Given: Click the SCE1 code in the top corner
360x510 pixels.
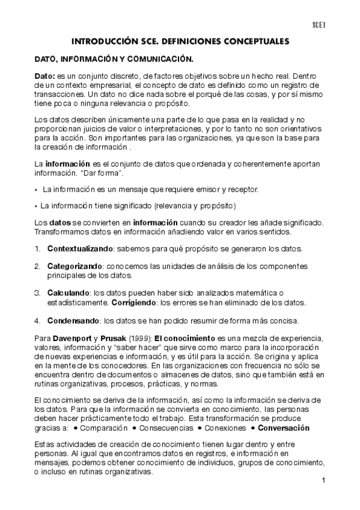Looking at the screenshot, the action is (318, 25).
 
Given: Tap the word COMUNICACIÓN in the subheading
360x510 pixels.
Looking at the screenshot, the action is (157, 60).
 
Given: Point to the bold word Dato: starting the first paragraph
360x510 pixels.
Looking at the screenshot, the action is (44, 76).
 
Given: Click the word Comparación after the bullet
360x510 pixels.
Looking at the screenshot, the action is (105, 428).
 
